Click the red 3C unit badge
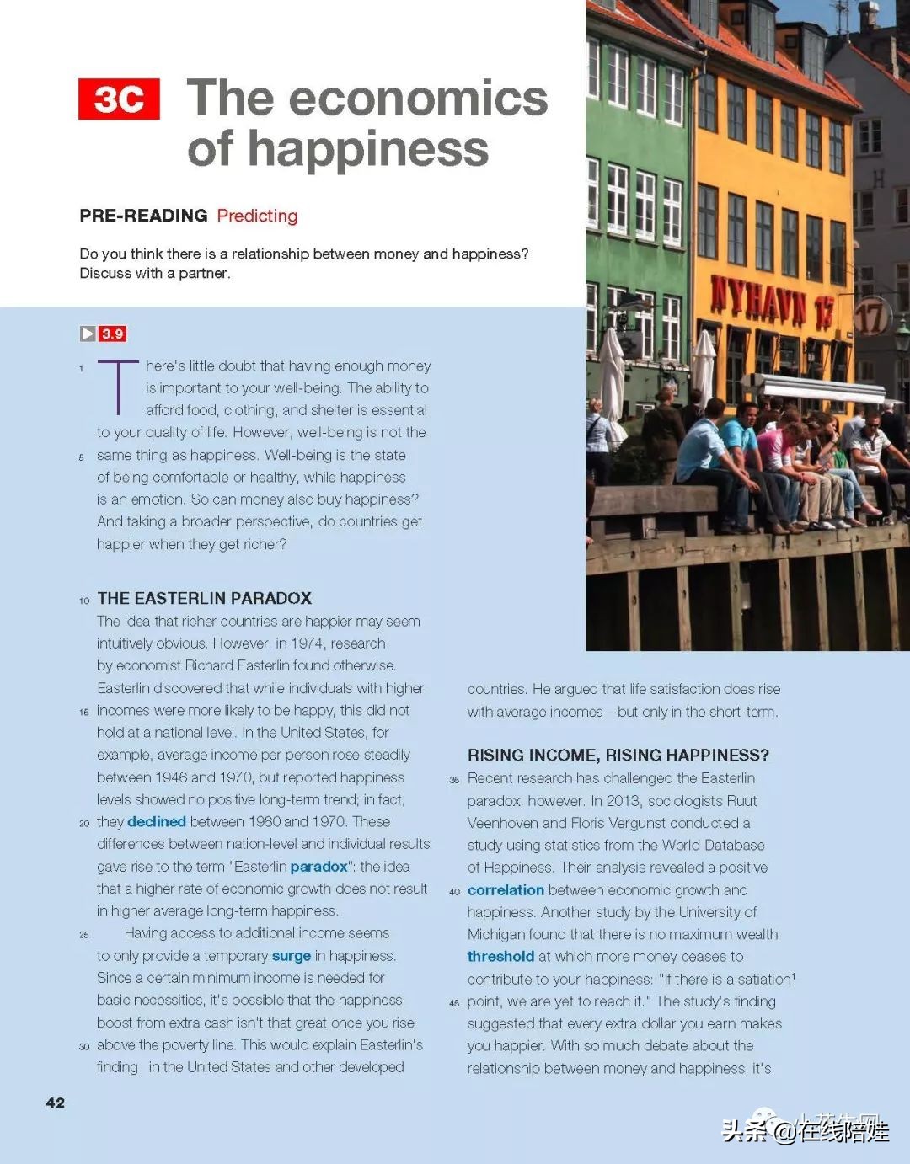tap(119, 99)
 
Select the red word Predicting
tap(257, 216)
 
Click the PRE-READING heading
tap(143, 216)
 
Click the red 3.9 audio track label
tap(113, 334)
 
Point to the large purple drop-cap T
tap(118, 387)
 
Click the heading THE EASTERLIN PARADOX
tap(205, 598)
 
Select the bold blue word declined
tap(157, 821)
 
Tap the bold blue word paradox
tap(318, 866)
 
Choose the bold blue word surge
tap(292, 955)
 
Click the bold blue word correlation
tap(506, 889)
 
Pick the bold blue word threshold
tap(500, 956)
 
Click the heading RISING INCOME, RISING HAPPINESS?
tap(618, 755)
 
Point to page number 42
tap(56, 1103)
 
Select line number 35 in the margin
tap(454, 780)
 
